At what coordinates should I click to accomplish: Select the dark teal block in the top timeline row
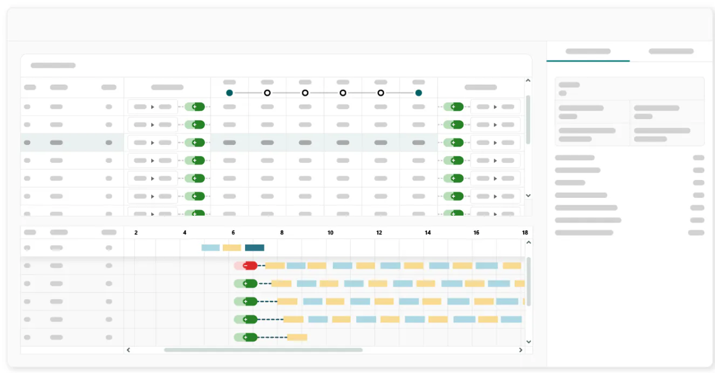[x=254, y=248]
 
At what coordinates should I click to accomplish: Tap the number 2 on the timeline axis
[x=136, y=233]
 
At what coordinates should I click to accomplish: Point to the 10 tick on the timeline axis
[x=330, y=233]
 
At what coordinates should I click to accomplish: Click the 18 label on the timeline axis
[x=525, y=233]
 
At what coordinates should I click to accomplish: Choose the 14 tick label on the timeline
[x=428, y=233]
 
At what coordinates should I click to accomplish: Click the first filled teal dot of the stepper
[x=229, y=93]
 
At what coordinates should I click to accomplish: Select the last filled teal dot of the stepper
[x=418, y=93]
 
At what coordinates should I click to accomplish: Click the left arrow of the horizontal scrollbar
[x=128, y=350]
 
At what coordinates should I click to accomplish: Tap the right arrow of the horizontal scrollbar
[x=521, y=350]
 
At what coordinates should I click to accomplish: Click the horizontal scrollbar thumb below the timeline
[x=263, y=350]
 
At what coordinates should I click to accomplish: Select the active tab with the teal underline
[x=588, y=51]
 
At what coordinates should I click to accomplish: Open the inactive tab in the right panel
[x=671, y=51]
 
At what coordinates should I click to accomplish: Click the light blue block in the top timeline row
[x=210, y=248]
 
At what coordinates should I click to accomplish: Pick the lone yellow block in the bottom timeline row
[x=297, y=337]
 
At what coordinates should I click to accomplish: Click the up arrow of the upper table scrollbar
[x=528, y=81]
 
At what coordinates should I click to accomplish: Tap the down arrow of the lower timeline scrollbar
[x=529, y=342]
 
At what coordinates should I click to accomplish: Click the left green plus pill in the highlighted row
[x=194, y=142]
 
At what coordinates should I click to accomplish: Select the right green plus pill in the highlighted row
[x=453, y=142]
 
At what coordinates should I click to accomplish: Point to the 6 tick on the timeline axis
[x=233, y=233]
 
